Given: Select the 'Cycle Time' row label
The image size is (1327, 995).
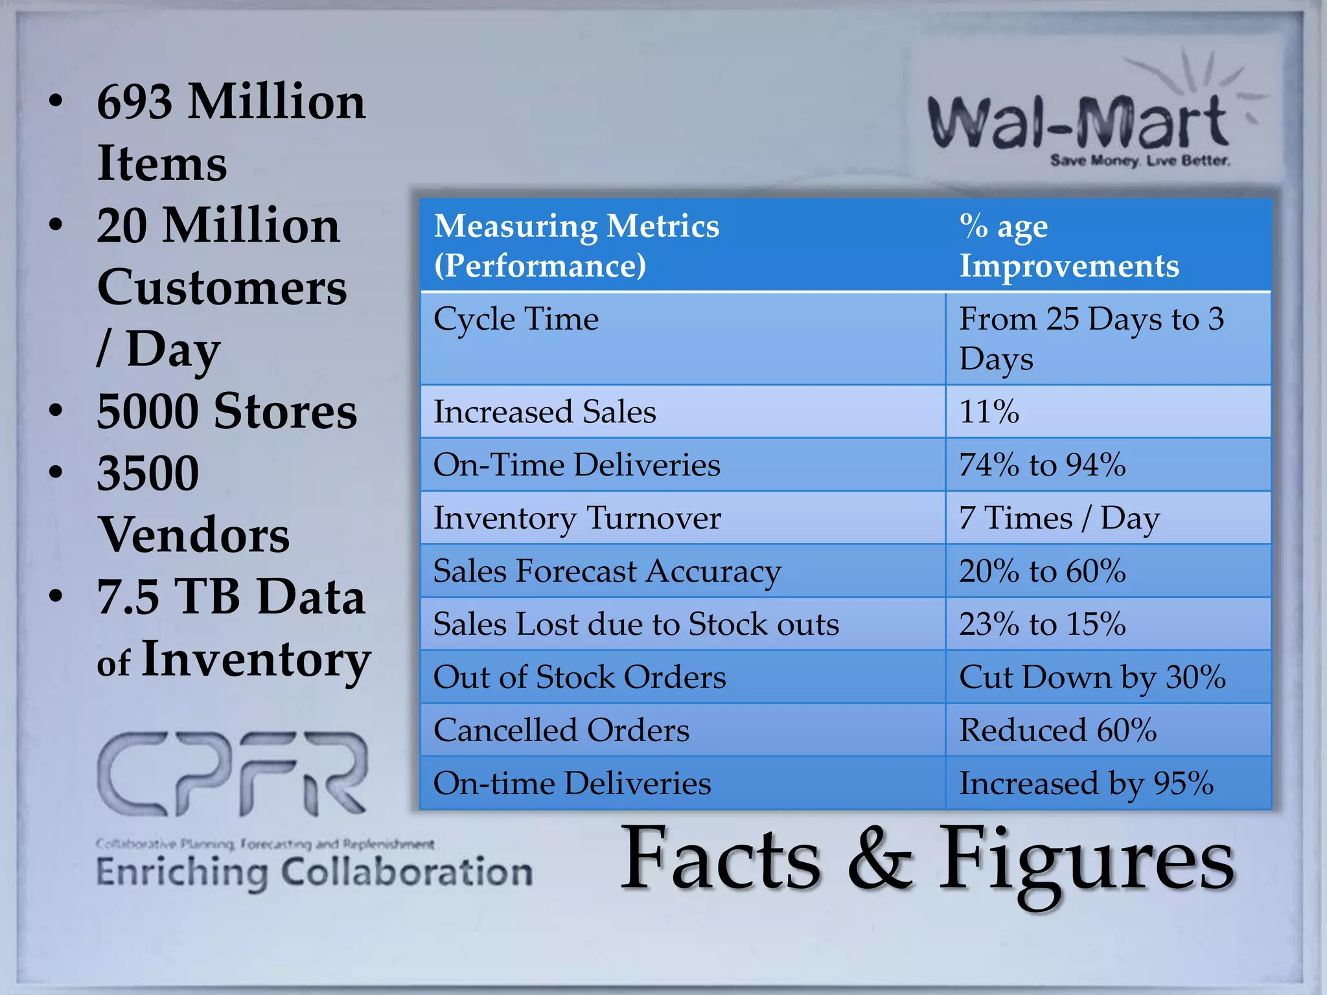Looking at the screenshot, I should click(x=516, y=319).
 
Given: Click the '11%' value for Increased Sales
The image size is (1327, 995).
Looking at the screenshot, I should click(x=989, y=412).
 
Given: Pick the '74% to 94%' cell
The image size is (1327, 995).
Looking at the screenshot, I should click(x=1042, y=465).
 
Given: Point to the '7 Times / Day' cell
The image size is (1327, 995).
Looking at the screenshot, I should click(x=1059, y=518).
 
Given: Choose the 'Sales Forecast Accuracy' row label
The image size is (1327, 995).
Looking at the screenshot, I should click(x=607, y=571).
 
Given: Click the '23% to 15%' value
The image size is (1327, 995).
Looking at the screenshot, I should click(x=1042, y=624).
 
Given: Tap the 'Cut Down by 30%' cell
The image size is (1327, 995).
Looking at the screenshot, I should click(x=1092, y=678).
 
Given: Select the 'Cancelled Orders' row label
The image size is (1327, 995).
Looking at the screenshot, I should click(x=561, y=731).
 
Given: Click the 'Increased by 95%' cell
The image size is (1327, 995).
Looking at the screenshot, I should click(x=1086, y=784).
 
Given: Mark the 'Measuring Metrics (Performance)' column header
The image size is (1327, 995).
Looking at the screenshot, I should click(x=576, y=246).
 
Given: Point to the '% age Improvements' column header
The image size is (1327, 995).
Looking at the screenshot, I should click(x=1068, y=246).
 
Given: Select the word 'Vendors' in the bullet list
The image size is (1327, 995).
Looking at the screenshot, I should click(x=193, y=535).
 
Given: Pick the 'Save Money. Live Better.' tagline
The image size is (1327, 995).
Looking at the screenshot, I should click(x=1140, y=160).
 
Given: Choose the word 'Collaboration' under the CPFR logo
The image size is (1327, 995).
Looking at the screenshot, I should click(x=406, y=872).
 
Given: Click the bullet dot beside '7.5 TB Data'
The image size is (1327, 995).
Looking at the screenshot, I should click(x=57, y=596).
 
